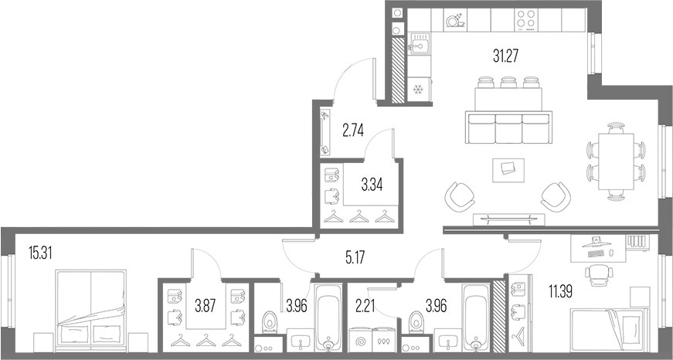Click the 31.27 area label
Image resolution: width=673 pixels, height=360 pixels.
point(506,56)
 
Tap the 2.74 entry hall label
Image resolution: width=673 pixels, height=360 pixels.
point(353,130)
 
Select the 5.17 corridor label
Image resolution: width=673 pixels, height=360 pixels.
point(355,258)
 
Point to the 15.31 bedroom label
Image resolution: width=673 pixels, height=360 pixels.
point(40,253)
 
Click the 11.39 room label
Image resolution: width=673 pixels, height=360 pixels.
point(560,292)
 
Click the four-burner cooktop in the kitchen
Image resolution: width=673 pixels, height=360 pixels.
point(526,20)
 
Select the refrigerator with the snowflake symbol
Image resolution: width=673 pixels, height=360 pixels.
point(419,90)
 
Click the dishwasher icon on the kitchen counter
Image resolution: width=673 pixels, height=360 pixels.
point(455,20)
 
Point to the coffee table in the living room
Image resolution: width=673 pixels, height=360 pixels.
point(508,171)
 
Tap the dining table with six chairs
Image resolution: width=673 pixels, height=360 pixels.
point(616,161)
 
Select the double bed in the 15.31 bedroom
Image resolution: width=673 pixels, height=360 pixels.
point(91,307)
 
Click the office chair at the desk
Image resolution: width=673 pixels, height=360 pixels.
point(599,274)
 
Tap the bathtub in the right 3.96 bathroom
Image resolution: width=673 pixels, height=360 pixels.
point(475,318)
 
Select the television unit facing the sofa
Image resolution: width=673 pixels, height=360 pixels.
point(508,219)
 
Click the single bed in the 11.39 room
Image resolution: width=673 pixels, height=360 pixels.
point(607,329)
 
